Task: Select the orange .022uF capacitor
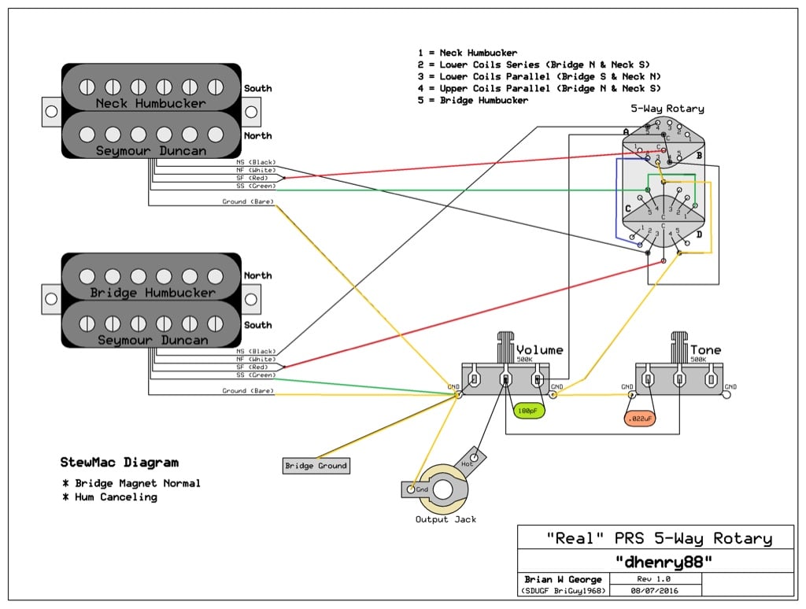(x=640, y=419)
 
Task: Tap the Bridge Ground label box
(x=316, y=466)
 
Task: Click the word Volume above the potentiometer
(x=539, y=350)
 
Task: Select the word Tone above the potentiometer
(x=705, y=350)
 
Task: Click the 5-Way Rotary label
(x=667, y=109)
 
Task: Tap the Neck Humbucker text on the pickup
(x=150, y=103)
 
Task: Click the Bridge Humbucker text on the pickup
(x=152, y=293)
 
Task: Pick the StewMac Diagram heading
(x=119, y=463)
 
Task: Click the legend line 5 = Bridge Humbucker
(x=473, y=101)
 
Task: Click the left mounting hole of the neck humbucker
(x=51, y=112)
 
